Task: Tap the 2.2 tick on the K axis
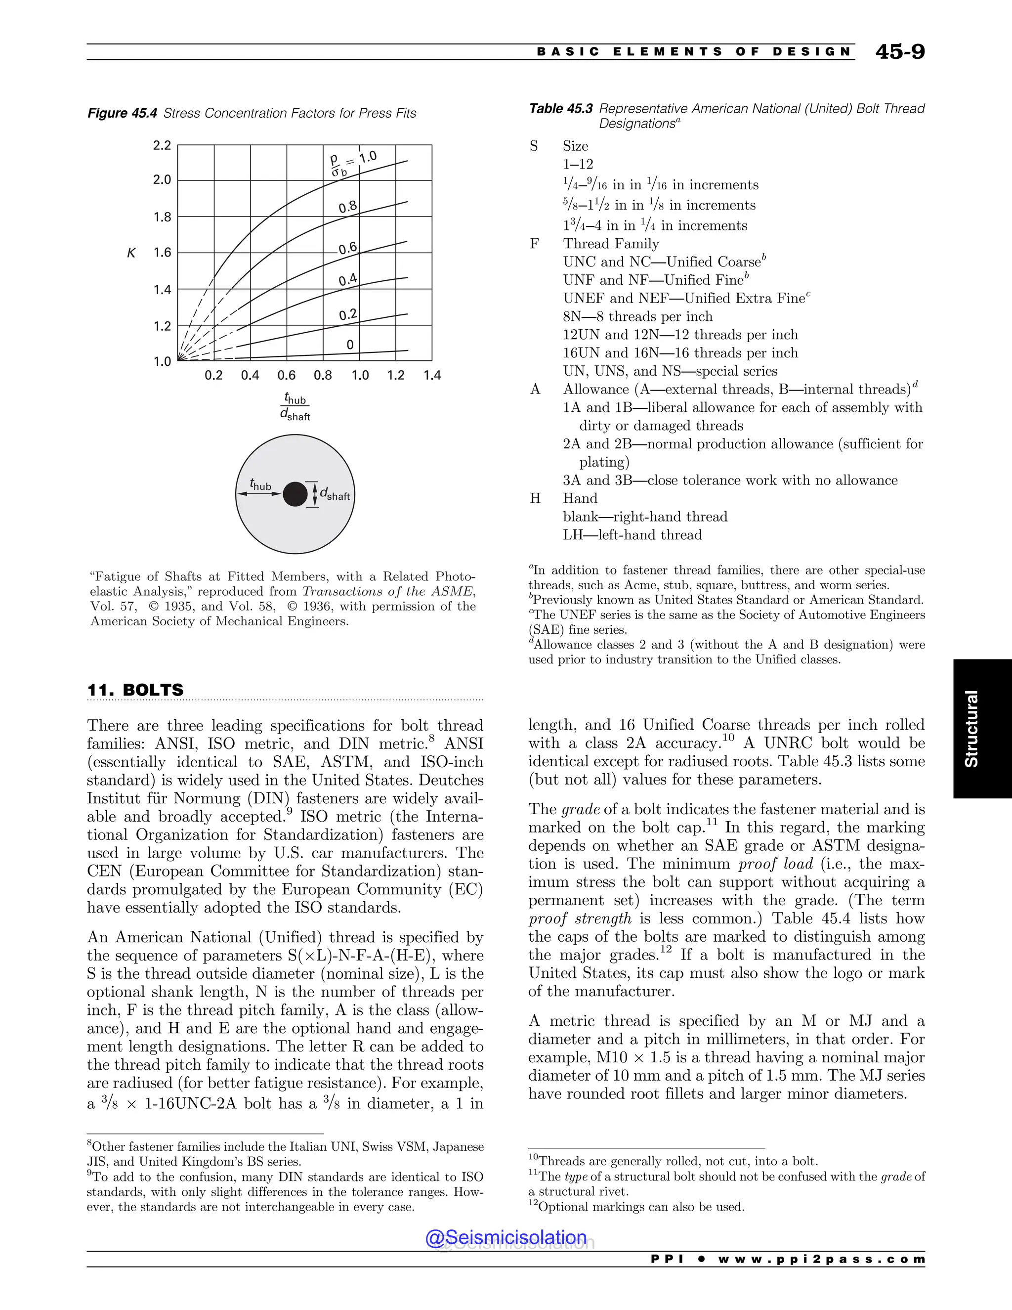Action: [162, 145]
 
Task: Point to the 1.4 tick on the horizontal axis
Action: [432, 376]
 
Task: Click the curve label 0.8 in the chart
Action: [348, 208]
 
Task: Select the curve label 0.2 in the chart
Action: [348, 315]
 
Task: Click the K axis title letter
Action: [131, 253]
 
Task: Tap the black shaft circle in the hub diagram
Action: [295, 494]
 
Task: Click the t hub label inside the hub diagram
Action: [260, 484]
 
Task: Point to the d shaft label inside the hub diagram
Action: [335, 494]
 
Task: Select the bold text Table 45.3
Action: [560, 109]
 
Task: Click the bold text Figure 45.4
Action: [123, 113]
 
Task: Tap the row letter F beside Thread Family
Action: [534, 244]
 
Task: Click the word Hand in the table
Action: [580, 498]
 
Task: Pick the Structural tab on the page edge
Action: [970, 728]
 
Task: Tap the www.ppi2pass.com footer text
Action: [821, 1259]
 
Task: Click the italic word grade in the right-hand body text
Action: [580, 810]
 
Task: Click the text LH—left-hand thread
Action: [632, 535]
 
